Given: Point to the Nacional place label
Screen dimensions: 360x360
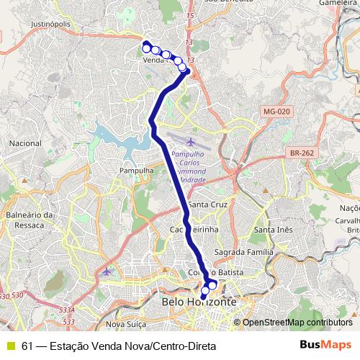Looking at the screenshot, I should click(x=25, y=143).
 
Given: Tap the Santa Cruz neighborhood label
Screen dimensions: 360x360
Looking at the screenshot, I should click(x=209, y=204).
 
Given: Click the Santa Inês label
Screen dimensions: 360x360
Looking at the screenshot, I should click(x=274, y=230).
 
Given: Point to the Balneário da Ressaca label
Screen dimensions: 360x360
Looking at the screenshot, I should click(x=30, y=220).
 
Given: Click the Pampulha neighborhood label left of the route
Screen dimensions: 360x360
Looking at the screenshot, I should click(x=137, y=171).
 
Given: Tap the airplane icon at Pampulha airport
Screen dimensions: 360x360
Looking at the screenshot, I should click(x=189, y=141).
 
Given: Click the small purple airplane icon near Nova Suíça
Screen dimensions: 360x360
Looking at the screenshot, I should click(x=108, y=271).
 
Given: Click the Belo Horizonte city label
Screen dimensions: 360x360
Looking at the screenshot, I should click(x=199, y=303).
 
